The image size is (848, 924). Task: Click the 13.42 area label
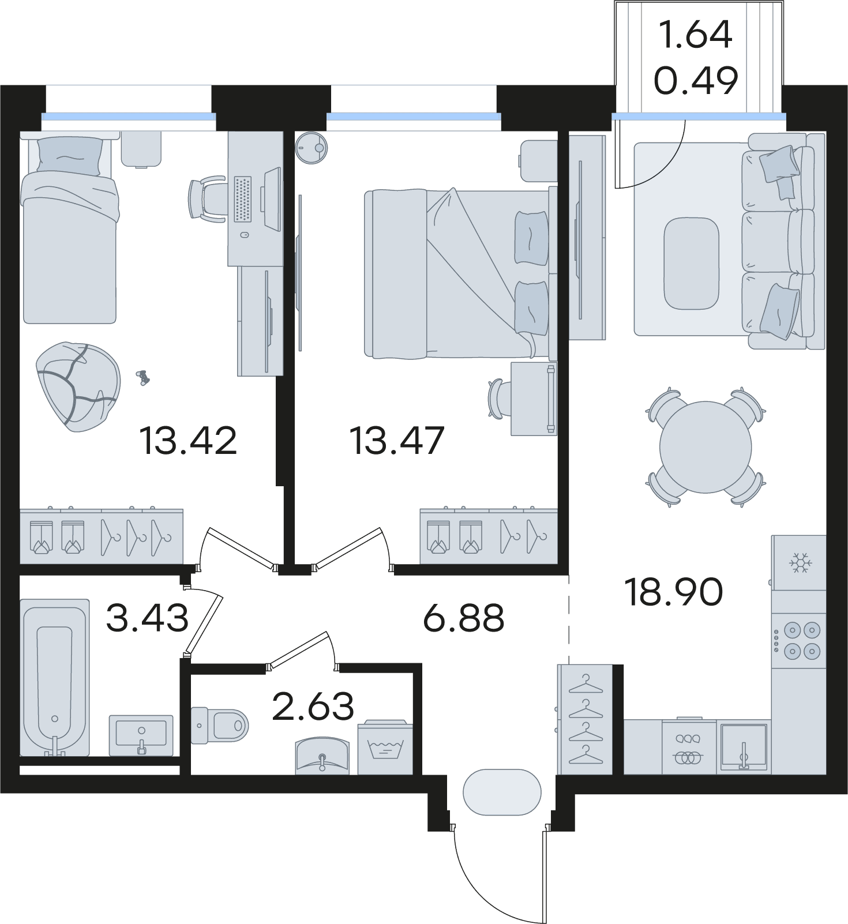[x=188, y=441]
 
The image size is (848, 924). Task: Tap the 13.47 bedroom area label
[x=397, y=441]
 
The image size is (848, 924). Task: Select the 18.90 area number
[x=674, y=592]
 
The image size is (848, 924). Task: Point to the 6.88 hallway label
[x=464, y=618]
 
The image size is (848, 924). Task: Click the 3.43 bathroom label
[x=148, y=618]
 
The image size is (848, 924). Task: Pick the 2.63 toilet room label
[x=313, y=706]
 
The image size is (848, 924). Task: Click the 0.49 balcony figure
[x=696, y=80]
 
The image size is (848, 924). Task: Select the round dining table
[x=706, y=447]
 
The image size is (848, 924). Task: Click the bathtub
[x=55, y=677]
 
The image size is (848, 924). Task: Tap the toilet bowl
[x=219, y=724]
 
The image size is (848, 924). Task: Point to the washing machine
[x=385, y=748]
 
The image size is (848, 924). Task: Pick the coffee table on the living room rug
[x=691, y=263]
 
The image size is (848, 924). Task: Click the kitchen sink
[x=744, y=747]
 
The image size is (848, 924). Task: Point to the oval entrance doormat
[x=502, y=792]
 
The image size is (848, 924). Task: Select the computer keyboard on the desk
[x=243, y=199]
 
